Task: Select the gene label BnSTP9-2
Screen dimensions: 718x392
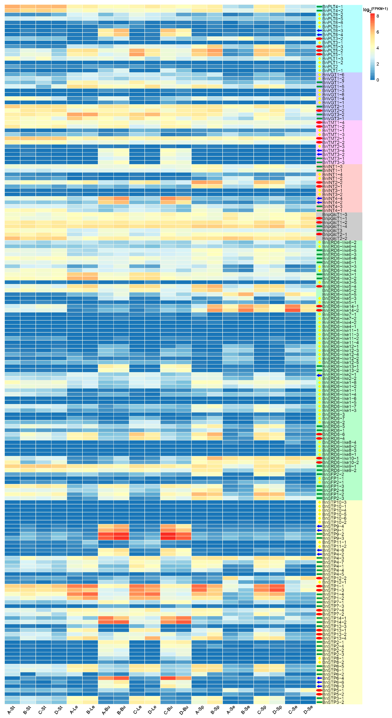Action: (x=333, y=534)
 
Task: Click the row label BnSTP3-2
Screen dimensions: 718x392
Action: (x=333, y=702)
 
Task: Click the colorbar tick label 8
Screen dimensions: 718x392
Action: (x=378, y=16)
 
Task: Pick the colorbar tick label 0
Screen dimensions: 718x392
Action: (x=378, y=80)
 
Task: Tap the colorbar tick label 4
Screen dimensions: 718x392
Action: (x=378, y=48)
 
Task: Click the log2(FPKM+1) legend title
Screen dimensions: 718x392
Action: (x=375, y=9)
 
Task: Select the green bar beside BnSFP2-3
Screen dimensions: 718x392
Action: (x=319, y=498)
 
